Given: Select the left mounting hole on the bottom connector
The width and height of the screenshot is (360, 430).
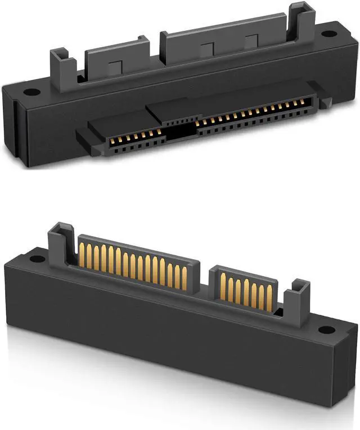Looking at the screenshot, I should (35, 259).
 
